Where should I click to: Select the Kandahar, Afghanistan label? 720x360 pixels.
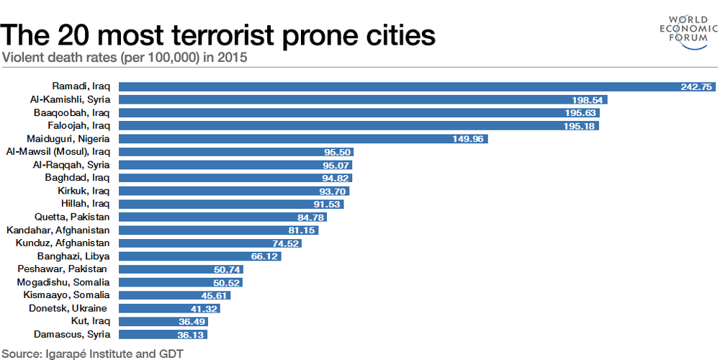click(58, 230)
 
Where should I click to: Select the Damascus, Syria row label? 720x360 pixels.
click(72, 335)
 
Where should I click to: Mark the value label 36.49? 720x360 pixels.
click(192, 322)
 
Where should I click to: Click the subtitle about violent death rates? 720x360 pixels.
click(125, 58)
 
